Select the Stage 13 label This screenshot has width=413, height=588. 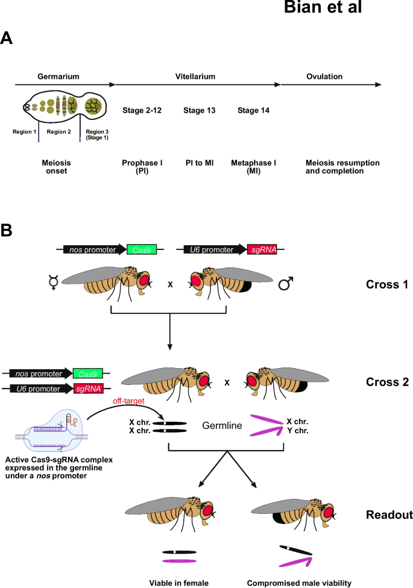pos(199,110)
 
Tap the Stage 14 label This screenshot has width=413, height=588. pos(253,110)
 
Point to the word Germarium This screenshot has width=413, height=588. pos(58,77)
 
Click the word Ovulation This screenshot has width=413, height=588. pos(324,77)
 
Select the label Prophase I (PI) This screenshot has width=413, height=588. pos(140,166)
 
